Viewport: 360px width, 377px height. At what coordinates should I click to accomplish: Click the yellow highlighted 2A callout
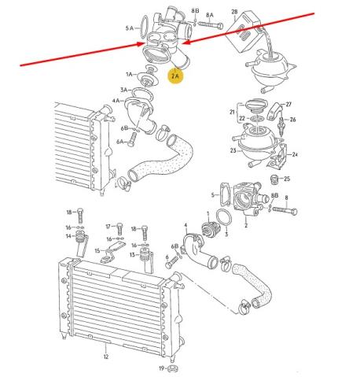[x=176, y=76]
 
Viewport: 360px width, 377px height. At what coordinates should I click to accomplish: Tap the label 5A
[x=130, y=28]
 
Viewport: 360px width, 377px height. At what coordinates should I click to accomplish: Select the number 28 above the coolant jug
[x=234, y=13]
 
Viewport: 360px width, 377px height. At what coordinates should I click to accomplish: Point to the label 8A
[x=209, y=15]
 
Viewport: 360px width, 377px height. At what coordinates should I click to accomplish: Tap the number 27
[x=288, y=104]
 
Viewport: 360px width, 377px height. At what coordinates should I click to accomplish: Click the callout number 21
[x=232, y=113]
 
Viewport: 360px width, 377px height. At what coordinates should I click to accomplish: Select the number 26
[x=292, y=120]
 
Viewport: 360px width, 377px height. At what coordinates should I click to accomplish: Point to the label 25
[x=286, y=179]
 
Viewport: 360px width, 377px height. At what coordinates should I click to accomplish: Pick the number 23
[x=233, y=150]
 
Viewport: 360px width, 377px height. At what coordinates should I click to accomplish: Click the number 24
[x=295, y=155]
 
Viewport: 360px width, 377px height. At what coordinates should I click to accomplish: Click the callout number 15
[x=97, y=252]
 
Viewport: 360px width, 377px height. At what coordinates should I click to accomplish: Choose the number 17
[x=108, y=226]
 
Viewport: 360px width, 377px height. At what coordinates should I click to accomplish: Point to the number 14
[x=69, y=235]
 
